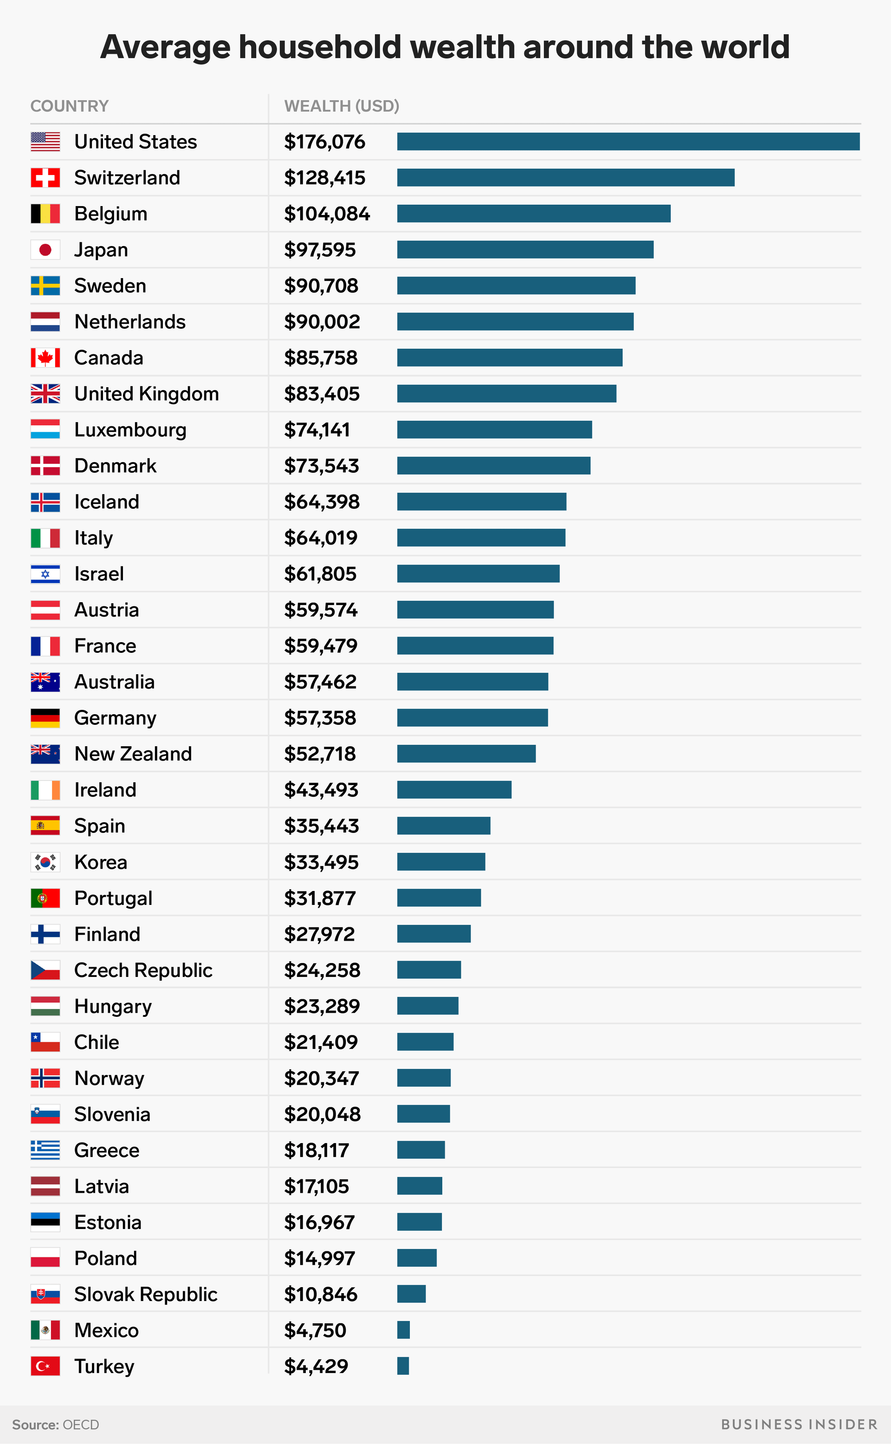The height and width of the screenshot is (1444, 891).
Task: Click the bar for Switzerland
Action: [565, 177]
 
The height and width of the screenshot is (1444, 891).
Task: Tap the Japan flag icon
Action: [45, 250]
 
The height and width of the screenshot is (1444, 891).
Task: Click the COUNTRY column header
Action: [70, 106]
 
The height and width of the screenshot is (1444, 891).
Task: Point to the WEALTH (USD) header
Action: [342, 106]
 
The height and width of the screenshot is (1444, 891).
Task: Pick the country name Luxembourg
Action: [130, 430]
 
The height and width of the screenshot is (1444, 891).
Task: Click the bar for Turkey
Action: [403, 1366]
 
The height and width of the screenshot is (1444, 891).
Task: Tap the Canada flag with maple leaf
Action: [45, 358]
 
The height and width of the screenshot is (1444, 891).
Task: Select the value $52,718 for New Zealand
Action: [320, 754]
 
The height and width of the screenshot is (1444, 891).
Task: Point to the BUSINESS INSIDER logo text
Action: [799, 1424]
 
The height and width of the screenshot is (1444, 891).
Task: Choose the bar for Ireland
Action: [454, 789]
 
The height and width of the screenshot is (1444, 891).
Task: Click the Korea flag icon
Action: [45, 862]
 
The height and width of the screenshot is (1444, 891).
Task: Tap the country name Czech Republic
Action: [143, 970]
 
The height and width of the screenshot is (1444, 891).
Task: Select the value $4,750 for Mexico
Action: [315, 1330]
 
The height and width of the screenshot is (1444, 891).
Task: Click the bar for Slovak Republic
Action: [411, 1294]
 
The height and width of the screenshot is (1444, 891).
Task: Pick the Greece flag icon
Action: [45, 1150]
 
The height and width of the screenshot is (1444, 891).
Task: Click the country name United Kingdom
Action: [147, 394]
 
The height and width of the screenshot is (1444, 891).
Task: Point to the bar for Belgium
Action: [533, 214]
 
